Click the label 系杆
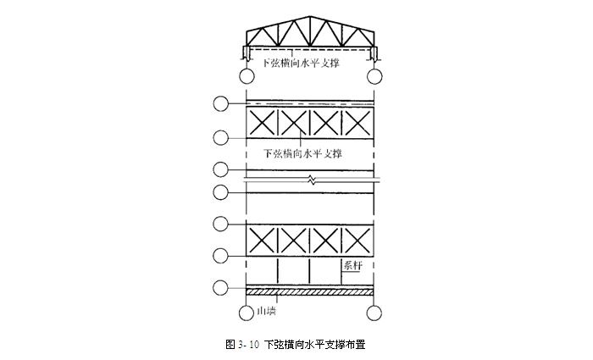(x=352, y=265)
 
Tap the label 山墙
(x=266, y=311)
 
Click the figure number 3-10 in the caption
(x=248, y=345)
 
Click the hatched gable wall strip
(x=310, y=292)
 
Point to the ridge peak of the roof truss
(x=311, y=17)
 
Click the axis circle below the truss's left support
(x=247, y=76)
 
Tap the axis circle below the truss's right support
(x=374, y=76)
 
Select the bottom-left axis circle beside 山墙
(x=247, y=313)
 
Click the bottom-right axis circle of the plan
(x=374, y=313)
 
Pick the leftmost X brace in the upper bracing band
(x=262, y=123)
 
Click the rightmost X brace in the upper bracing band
(x=357, y=123)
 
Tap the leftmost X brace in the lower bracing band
(x=262, y=241)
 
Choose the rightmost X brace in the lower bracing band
(x=357, y=241)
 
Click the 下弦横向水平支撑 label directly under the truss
(x=301, y=63)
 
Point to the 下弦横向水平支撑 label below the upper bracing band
(x=302, y=153)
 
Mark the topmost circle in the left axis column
(x=221, y=103)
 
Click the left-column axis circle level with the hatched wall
(x=221, y=288)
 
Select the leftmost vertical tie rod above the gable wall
(x=278, y=272)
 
